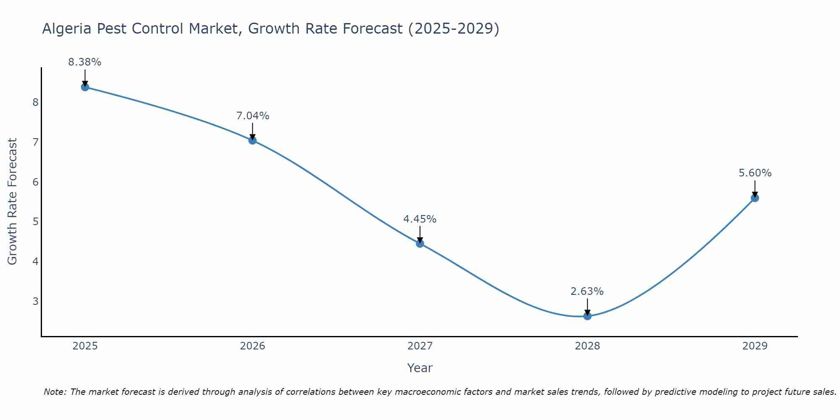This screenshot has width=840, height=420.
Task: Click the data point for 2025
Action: click(85, 87)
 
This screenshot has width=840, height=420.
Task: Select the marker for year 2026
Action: click(252, 140)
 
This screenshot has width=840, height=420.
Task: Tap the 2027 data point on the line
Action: click(420, 243)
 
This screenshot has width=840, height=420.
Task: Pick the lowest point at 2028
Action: click(587, 316)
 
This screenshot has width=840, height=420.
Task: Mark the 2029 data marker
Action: click(755, 198)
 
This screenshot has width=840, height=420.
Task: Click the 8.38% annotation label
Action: click(85, 62)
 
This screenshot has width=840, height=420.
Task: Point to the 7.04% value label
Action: click(252, 116)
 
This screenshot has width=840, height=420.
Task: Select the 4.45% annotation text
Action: click(420, 219)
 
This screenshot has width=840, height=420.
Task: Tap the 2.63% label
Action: click(587, 291)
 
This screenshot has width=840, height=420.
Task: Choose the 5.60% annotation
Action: click(755, 173)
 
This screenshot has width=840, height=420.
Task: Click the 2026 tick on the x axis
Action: click(252, 346)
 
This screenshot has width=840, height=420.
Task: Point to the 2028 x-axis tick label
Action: click(587, 346)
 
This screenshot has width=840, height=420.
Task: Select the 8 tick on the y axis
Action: click(35, 102)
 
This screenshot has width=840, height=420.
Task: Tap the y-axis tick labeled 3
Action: click(35, 301)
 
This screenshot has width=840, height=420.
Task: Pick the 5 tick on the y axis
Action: click(35, 222)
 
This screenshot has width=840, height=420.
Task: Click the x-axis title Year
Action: click(420, 368)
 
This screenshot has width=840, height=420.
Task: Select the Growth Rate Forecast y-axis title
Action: click(13, 202)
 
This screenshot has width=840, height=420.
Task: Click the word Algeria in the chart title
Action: click(67, 29)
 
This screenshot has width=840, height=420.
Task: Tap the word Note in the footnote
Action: click(55, 392)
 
